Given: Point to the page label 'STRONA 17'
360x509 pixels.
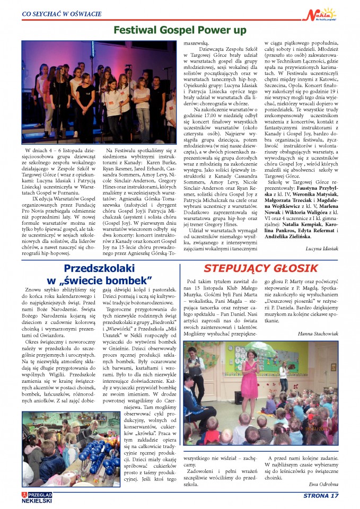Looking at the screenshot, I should pyautogui.click(x=321, y=496).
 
